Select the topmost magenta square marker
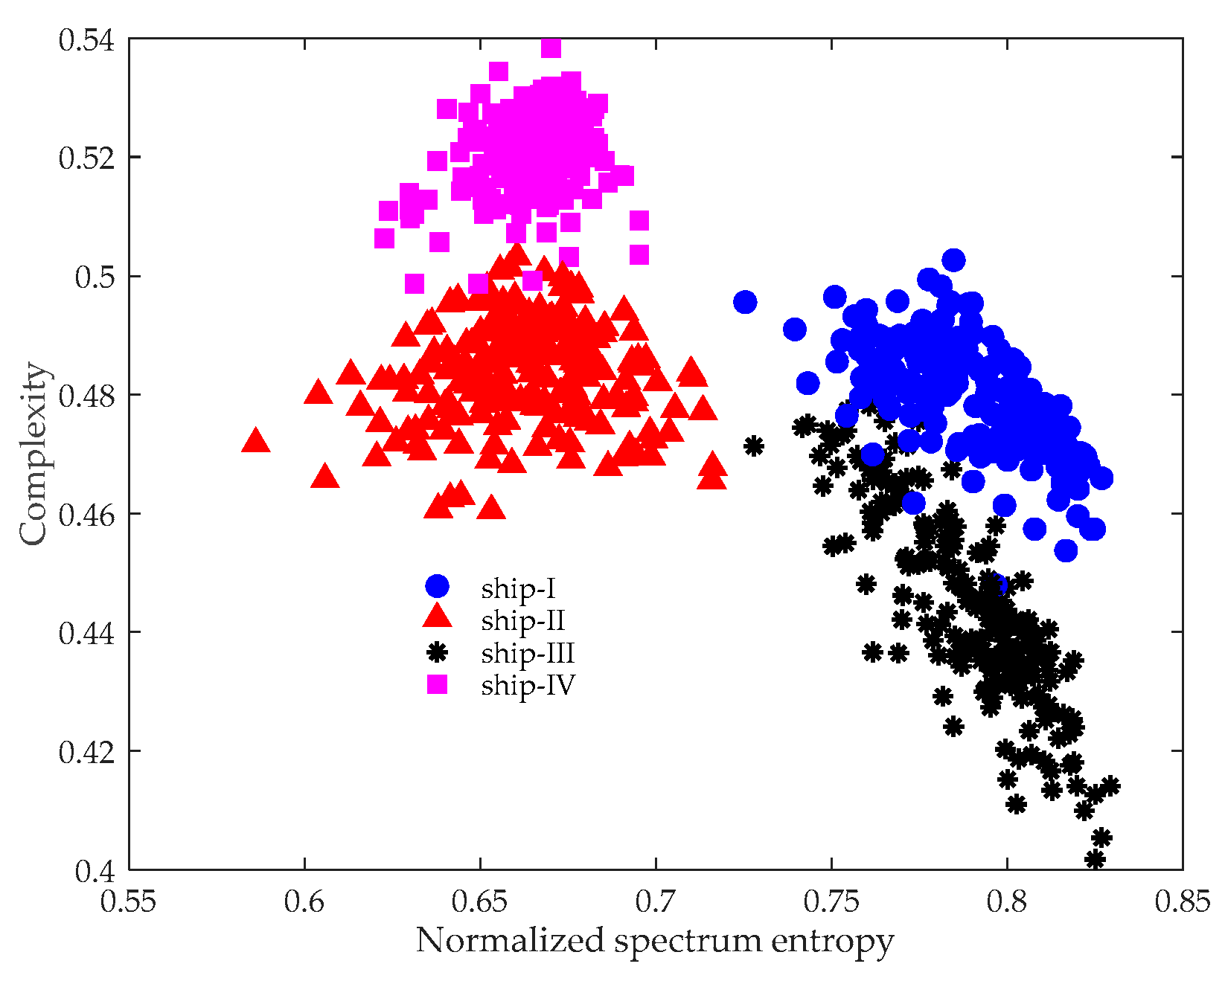tap(551, 48)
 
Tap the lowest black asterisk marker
tap(1095, 860)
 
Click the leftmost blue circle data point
tap(745, 302)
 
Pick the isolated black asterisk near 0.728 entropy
tap(754, 446)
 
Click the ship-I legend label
tap(518, 589)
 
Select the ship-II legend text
tap(522, 620)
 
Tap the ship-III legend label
tap(527, 653)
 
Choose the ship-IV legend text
tap(528, 685)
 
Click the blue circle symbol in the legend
tap(437, 586)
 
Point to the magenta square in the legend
tap(437, 684)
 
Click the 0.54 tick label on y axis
tap(86, 39)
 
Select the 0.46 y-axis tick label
tap(86, 515)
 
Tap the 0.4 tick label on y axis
tap(95, 871)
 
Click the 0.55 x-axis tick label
tap(129, 901)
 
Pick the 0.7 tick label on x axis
tap(656, 901)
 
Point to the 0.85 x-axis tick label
tap(1182, 901)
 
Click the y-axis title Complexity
tap(33, 454)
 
